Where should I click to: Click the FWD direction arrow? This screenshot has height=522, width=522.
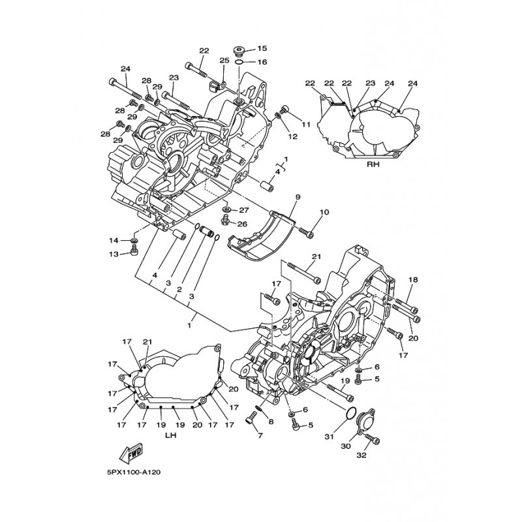[132, 453]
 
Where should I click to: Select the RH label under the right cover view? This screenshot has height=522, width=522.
[373, 164]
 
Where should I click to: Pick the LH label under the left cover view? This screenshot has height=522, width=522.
[170, 435]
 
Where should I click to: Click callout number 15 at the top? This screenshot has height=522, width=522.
[262, 48]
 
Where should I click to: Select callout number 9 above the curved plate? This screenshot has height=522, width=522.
[298, 198]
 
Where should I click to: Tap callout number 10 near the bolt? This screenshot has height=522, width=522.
[324, 212]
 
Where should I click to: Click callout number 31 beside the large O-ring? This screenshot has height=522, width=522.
[329, 437]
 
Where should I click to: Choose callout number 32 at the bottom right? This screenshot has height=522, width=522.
[361, 455]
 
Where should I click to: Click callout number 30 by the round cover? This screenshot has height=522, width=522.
[346, 446]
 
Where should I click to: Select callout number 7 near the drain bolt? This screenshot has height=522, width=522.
[260, 435]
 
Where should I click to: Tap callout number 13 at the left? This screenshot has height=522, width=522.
[114, 254]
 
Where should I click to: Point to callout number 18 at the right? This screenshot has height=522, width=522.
[413, 280]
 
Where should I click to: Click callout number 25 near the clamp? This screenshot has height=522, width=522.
[224, 60]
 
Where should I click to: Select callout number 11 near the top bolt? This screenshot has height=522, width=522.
[306, 125]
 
